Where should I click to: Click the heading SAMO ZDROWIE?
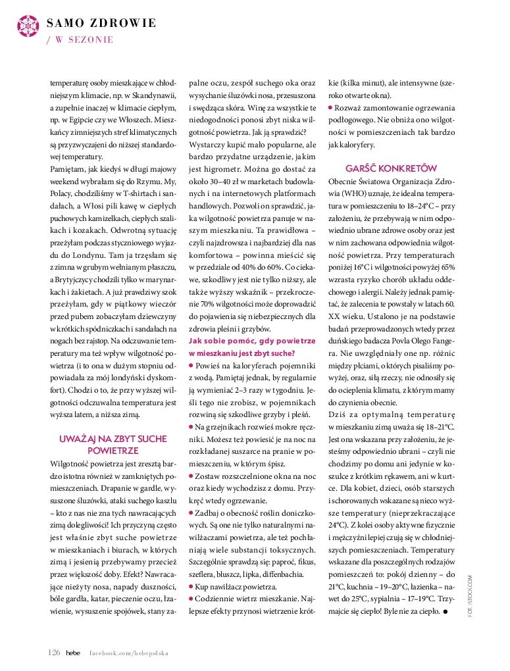click(x=101, y=23)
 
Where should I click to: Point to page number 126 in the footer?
click(x=54, y=652)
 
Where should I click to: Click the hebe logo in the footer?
click(x=73, y=652)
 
